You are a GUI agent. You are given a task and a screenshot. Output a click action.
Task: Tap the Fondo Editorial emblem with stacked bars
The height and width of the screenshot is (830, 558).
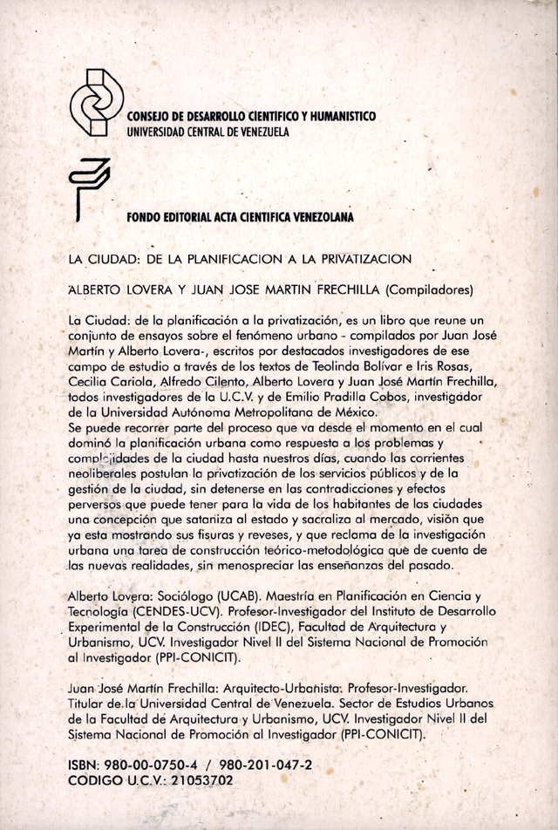click(89, 187)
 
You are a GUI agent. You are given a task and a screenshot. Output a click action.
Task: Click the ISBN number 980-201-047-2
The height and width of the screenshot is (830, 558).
click(269, 765)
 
